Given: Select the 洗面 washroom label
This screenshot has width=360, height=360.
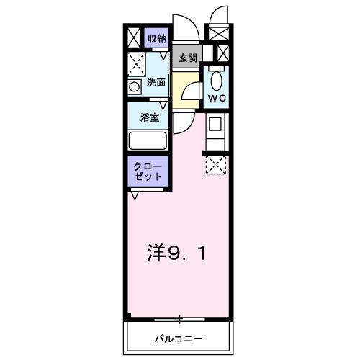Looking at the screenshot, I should point(156,83).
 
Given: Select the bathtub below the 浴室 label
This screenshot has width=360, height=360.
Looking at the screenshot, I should point(148,140).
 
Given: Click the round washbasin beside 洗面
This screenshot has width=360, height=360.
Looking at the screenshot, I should point(134,87).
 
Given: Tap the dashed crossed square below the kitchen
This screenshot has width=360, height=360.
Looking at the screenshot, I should point(215,164).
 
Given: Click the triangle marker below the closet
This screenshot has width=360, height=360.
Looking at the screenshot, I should point(135,194).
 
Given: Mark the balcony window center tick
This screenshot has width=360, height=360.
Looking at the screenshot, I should point(179,318).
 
